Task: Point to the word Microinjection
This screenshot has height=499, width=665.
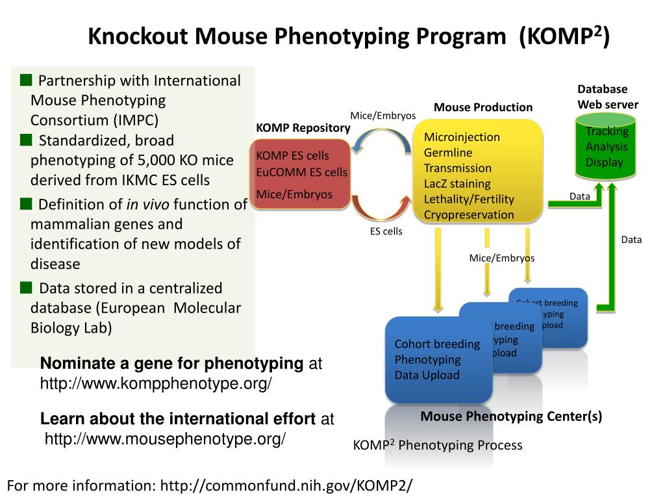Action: click(462, 137)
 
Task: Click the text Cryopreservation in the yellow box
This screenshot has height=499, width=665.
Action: click(469, 215)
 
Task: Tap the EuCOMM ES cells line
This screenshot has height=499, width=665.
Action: click(301, 172)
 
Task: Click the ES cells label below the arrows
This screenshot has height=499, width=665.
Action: click(386, 231)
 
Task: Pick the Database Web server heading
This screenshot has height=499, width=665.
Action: click(608, 97)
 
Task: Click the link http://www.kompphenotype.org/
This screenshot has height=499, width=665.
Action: click(156, 384)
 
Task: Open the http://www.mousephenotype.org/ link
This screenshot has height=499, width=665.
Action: click(165, 440)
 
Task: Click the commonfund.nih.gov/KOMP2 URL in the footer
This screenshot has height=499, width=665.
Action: click(286, 485)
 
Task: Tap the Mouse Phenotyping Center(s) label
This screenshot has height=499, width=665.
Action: click(511, 416)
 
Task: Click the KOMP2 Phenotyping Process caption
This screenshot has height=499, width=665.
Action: click(437, 445)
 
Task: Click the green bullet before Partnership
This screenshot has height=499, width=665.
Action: click(26, 80)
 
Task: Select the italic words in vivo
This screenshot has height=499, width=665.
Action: click(147, 205)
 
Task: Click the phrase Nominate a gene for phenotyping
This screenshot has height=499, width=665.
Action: click(171, 363)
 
